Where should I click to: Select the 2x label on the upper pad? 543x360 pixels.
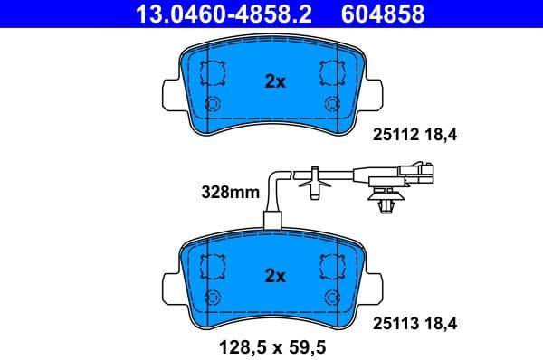(x=274, y=81)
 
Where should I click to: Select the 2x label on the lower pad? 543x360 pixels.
(x=274, y=275)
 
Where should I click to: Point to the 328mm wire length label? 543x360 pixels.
(x=229, y=192)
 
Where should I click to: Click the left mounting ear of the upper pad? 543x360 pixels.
(x=169, y=90)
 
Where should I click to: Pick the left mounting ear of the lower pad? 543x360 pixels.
(x=169, y=282)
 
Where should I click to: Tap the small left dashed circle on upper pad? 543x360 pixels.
(x=214, y=102)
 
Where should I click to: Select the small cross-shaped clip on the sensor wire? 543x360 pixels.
(x=313, y=182)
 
